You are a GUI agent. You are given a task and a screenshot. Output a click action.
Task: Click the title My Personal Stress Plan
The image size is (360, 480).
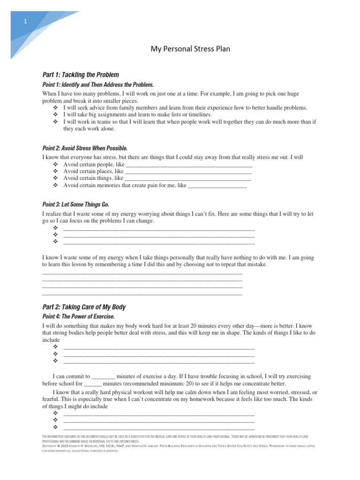(190, 49)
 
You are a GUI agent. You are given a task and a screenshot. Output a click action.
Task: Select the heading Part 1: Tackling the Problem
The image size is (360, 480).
(80, 75)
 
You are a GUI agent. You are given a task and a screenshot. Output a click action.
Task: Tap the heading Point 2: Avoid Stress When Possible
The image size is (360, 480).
(85, 148)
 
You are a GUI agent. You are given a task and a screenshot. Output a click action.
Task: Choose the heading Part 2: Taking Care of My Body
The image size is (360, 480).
(84, 307)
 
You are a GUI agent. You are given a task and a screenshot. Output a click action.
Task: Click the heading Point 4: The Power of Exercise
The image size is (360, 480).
(78, 317)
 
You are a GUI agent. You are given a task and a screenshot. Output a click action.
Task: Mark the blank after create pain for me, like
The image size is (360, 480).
(217, 186)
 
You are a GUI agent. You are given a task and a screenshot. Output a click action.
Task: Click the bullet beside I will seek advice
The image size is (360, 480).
(55, 108)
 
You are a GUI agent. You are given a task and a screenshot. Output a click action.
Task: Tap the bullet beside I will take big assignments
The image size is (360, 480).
(55, 114)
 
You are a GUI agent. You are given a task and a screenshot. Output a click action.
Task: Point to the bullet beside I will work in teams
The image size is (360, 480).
(55, 121)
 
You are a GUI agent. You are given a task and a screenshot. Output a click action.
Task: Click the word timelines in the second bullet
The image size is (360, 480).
(199, 114)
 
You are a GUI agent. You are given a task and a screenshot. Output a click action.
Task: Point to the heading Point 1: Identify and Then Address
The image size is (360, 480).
(97, 85)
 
